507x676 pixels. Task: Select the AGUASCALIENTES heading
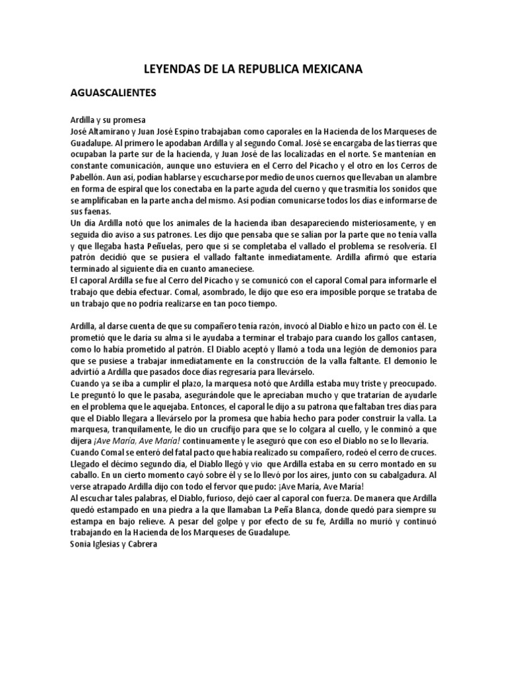click(x=114, y=93)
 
